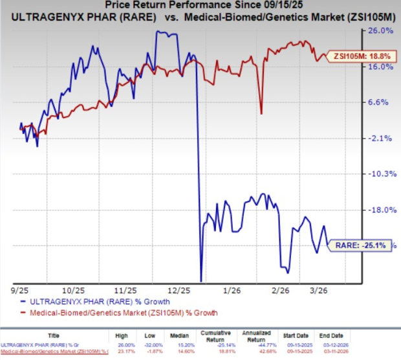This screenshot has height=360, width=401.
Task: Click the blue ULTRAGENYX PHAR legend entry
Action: click(96, 302)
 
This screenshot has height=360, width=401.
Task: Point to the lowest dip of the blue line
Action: click(201, 280)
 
